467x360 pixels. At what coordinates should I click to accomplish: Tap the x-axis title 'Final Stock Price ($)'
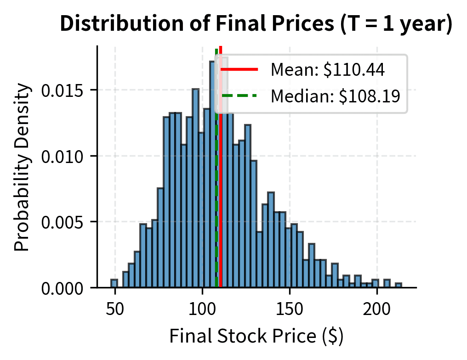click(x=256, y=337)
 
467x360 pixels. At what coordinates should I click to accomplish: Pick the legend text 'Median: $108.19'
click(x=335, y=96)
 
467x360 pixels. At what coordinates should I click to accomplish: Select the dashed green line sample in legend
click(x=239, y=96)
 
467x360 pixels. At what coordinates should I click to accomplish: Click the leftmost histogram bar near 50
click(x=114, y=284)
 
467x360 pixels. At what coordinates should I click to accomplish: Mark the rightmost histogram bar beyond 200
click(x=399, y=286)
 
